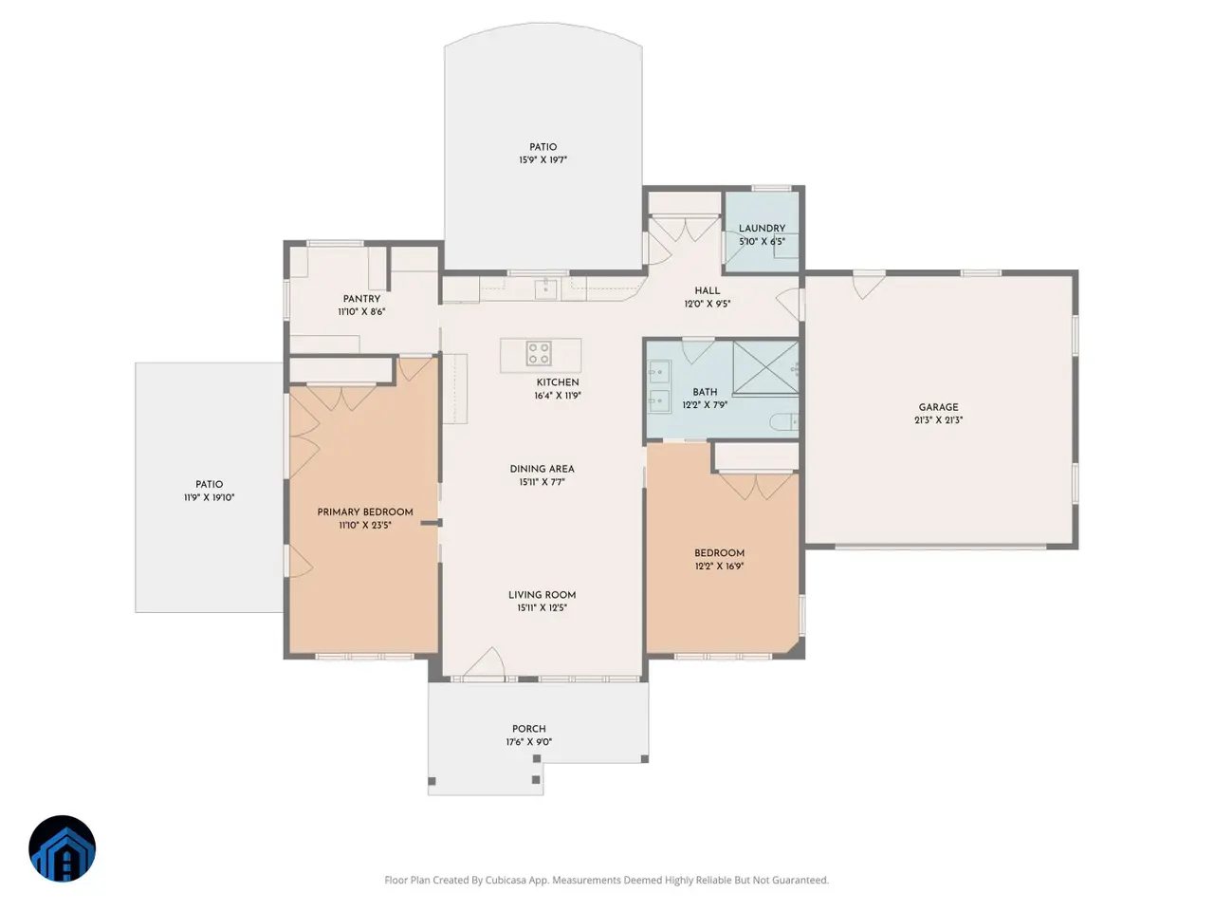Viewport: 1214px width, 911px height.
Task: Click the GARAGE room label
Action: coord(938,407)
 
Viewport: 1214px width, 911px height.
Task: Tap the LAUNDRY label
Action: coord(762,229)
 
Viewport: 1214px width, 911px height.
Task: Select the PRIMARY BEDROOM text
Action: coord(365,512)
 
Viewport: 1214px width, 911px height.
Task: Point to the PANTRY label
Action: coord(361,299)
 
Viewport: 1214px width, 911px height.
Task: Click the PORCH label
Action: coord(528,729)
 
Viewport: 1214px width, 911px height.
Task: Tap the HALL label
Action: coord(707,291)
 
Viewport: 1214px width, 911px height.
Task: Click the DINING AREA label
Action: coord(542,469)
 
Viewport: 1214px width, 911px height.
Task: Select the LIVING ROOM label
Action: coord(542,595)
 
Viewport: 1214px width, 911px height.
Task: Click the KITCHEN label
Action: coord(558,382)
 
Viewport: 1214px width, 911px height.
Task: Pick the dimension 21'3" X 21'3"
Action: coord(938,420)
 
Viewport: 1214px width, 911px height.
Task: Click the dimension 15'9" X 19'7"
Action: coord(543,160)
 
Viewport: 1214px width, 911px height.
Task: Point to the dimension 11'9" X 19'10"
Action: coord(209,498)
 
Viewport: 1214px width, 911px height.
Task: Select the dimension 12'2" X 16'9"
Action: coord(719,567)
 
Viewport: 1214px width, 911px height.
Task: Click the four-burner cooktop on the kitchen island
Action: coord(538,353)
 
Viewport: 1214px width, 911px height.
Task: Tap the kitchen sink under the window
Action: coord(545,288)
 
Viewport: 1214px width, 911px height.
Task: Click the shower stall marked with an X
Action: coord(765,368)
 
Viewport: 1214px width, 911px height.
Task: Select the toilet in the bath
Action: coord(783,422)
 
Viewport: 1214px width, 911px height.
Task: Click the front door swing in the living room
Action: coord(484,661)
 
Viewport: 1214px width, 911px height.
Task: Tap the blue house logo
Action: coord(63,848)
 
